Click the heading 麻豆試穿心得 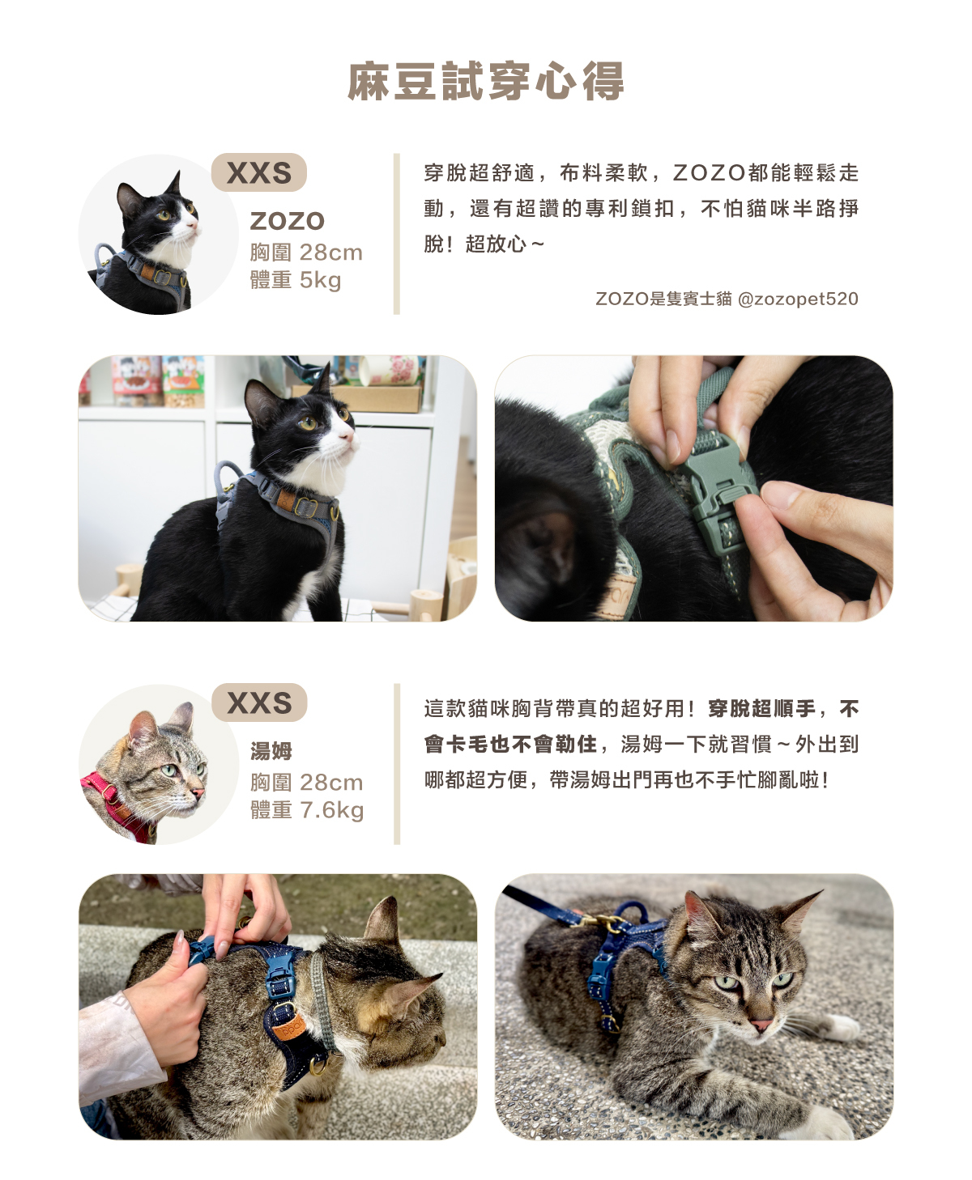coord(485,82)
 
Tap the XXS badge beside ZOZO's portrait coord(258,172)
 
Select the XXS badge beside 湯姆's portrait coord(259,702)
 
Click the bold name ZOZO coord(288,221)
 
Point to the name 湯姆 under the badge coord(271,751)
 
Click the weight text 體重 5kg coord(295,280)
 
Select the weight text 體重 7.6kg coord(307,809)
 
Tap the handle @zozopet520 coord(798,299)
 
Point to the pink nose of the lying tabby coord(761,1025)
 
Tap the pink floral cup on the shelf coord(390,371)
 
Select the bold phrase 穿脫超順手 coord(761,708)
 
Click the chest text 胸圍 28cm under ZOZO coord(306,253)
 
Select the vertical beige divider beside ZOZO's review coord(396,234)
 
